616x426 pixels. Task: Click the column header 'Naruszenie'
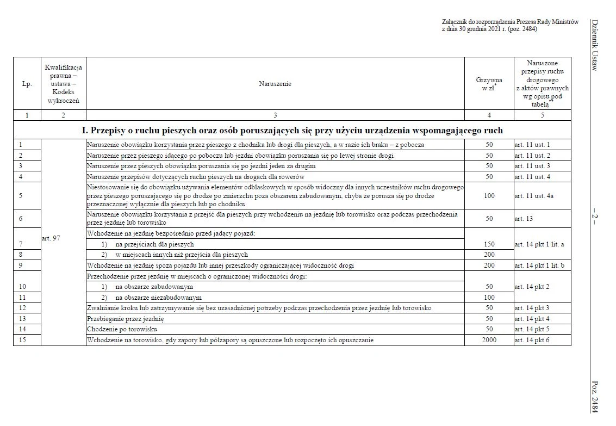pos(275,84)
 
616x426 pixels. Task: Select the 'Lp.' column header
pos(27,84)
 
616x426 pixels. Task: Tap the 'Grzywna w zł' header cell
pos(488,84)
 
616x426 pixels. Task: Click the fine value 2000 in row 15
pos(489,340)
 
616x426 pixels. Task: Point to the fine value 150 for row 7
pos(489,244)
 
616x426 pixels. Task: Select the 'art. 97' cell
pos(51,238)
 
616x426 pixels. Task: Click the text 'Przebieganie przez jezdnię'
pos(125,318)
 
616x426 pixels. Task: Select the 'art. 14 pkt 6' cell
pos(532,340)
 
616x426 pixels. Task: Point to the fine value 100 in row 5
pos(489,195)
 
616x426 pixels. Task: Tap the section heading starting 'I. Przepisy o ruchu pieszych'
pos(292,131)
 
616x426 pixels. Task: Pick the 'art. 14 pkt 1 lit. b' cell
pos(538,266)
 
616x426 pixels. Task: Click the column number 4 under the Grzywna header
pos(489,115)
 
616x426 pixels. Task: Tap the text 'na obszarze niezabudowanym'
pos(158,298)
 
